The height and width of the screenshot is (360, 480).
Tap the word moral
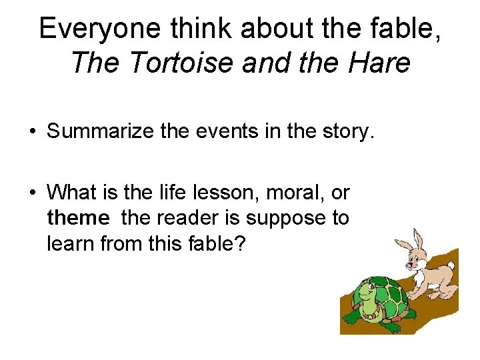coord(283,193)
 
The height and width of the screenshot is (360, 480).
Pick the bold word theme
coord(77,218)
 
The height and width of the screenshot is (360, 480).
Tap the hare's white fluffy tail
coord(451,266)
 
